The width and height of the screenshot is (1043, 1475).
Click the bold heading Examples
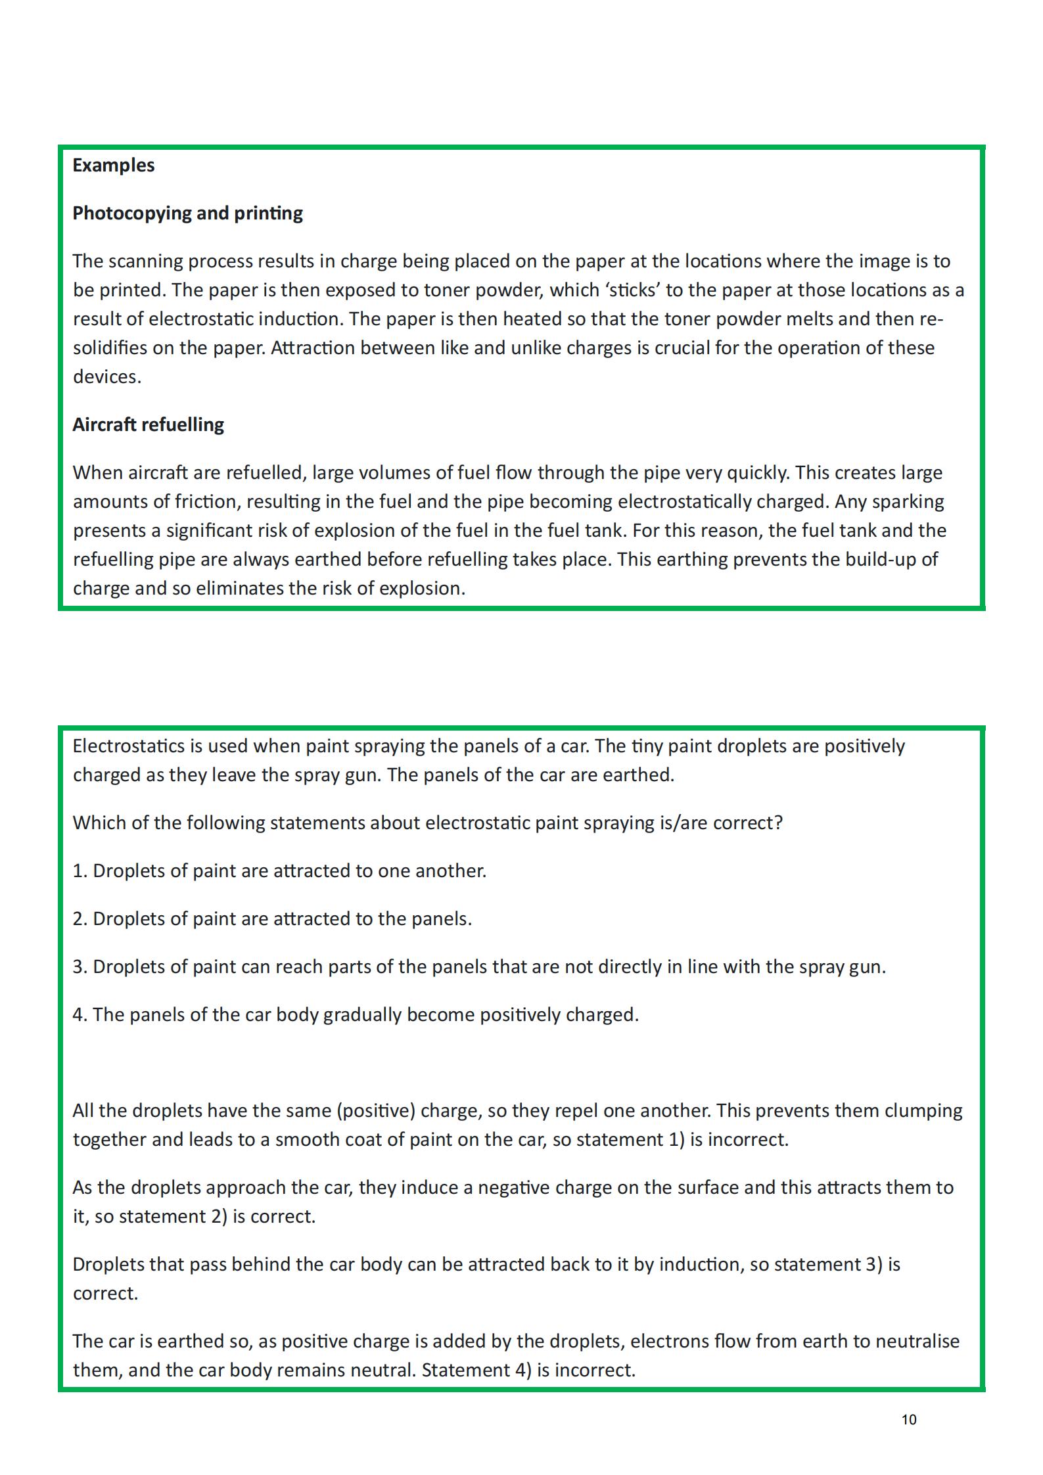point(113,165)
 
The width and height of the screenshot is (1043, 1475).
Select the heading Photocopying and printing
point(187,213)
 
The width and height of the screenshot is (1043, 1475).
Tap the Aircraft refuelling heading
point(148,424)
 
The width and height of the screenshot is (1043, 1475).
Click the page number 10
point(908,1419)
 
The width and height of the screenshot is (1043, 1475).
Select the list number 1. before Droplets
point(80,871)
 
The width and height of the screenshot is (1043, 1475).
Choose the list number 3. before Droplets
point(80,967)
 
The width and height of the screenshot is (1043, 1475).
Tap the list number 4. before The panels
point(80,1015)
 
